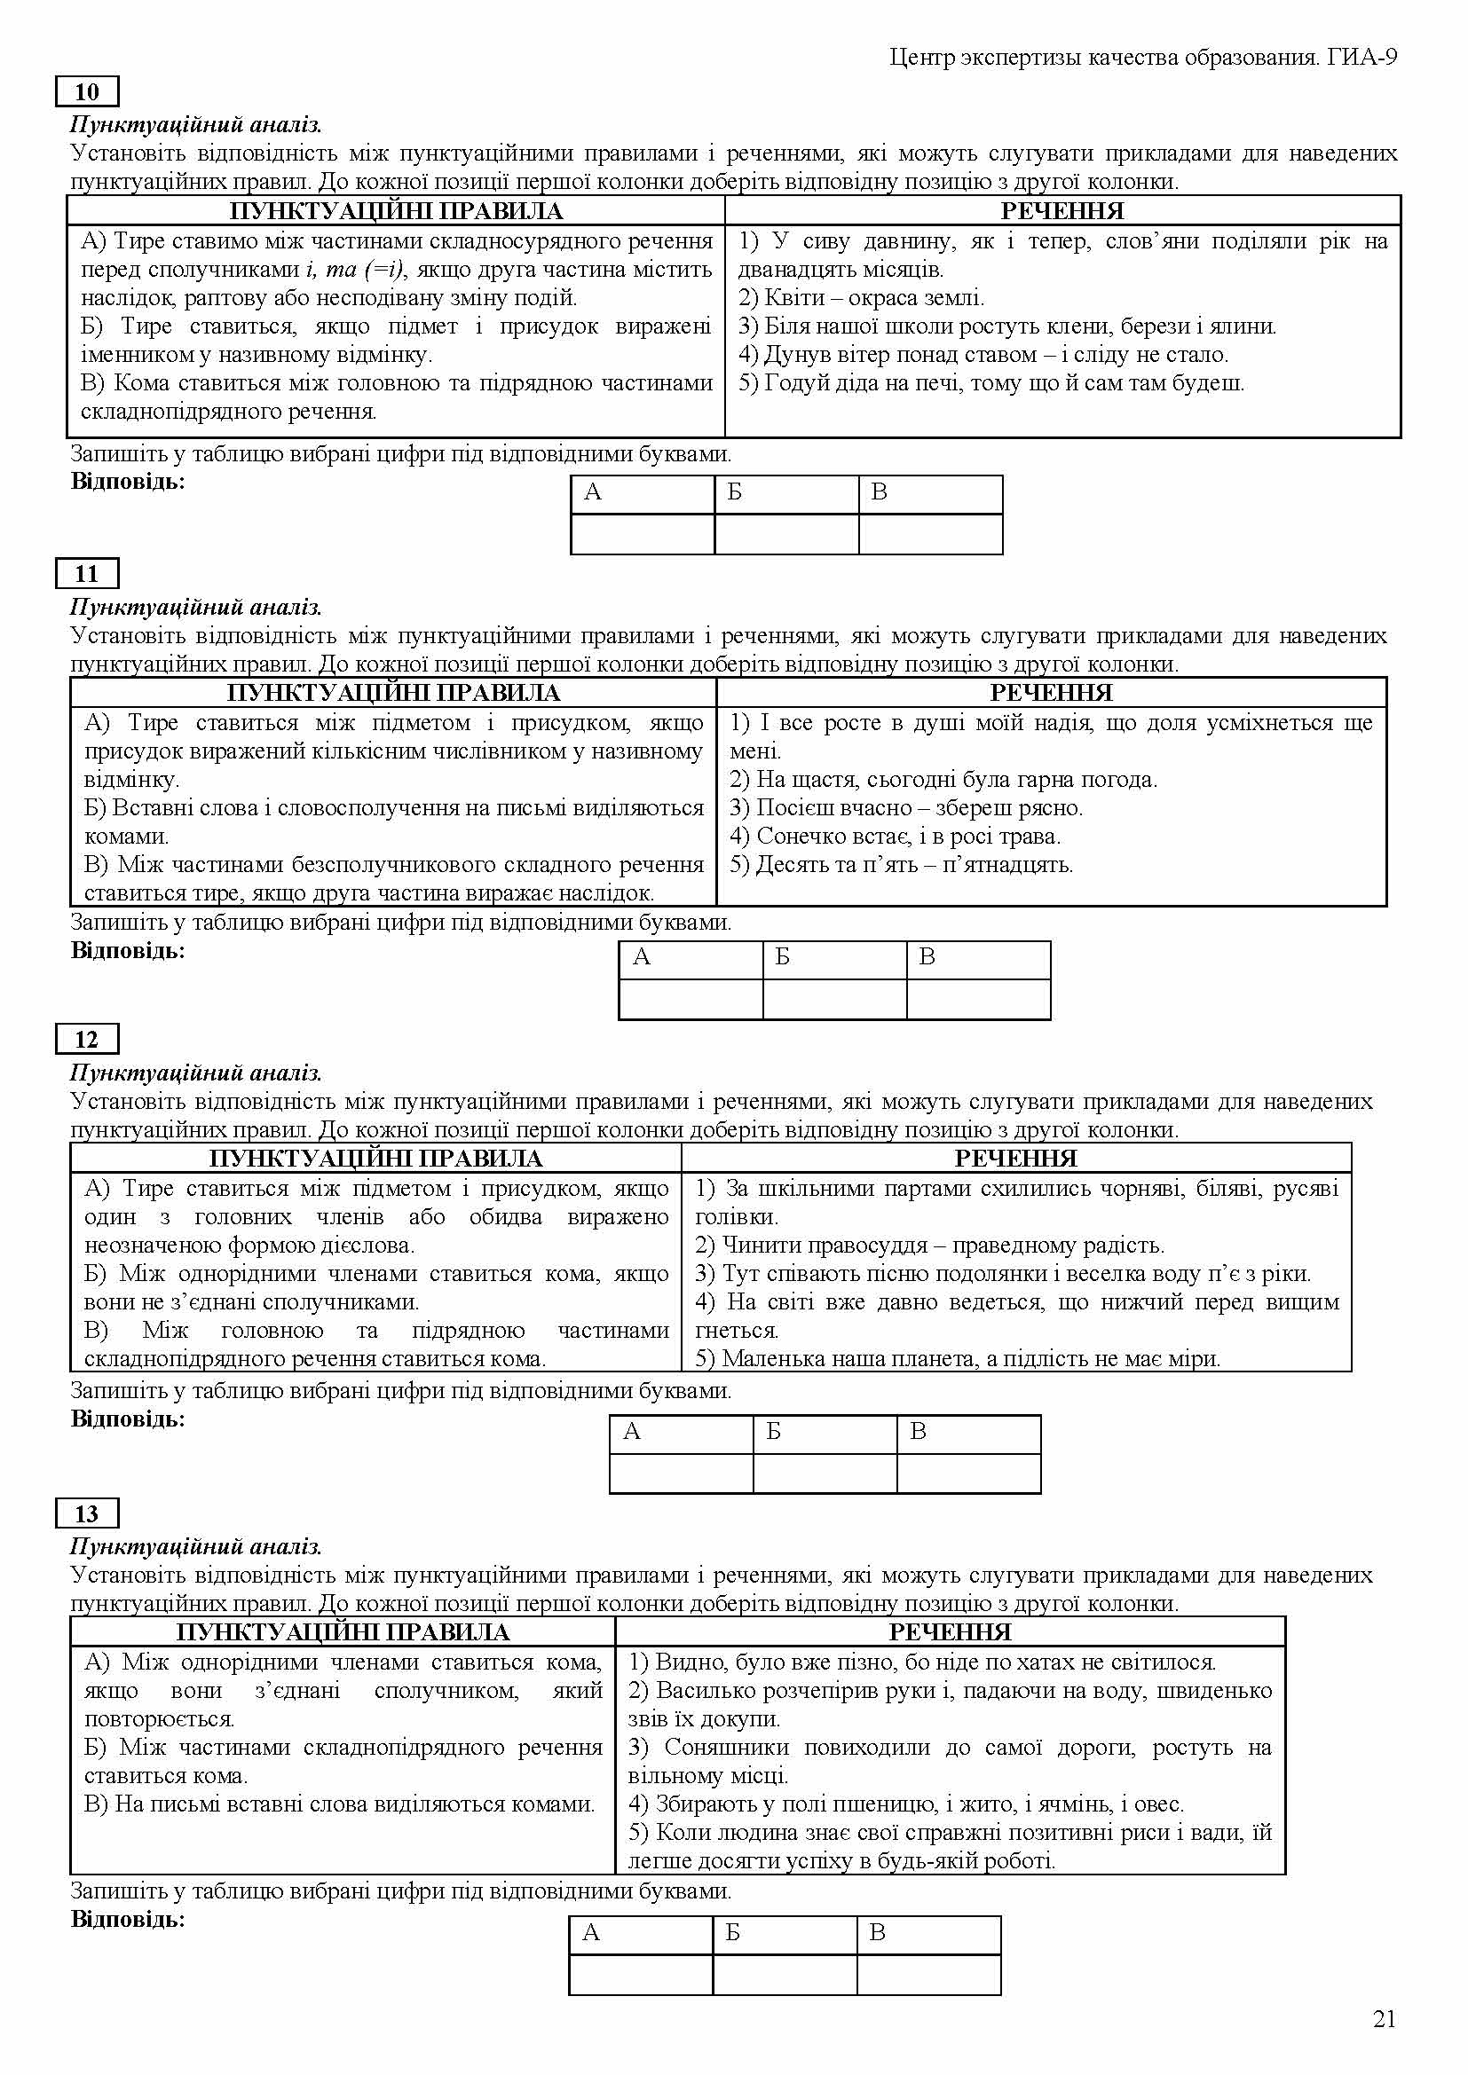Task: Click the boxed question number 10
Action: (87, 92)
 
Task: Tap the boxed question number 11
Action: (87, 574)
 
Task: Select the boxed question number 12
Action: (87, 1040)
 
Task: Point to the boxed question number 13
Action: (87, 1513)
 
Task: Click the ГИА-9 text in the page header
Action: (1363, 58)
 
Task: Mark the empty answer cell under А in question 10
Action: (642, 534)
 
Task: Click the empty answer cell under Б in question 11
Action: (834, 1000)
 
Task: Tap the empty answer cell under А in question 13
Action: (640, 1975)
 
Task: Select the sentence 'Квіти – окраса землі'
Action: (862, 298)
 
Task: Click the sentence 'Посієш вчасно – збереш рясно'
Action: (906, 808)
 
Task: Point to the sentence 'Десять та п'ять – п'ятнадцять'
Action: (901, 865)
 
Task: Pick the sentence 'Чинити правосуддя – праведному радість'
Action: (929, 1246)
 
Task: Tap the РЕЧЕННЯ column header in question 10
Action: (1062, 211)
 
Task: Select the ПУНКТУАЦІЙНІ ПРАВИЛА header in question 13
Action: (343, 1632)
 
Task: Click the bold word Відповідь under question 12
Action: (128, 1419)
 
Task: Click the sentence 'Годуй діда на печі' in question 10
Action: (991, 383)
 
